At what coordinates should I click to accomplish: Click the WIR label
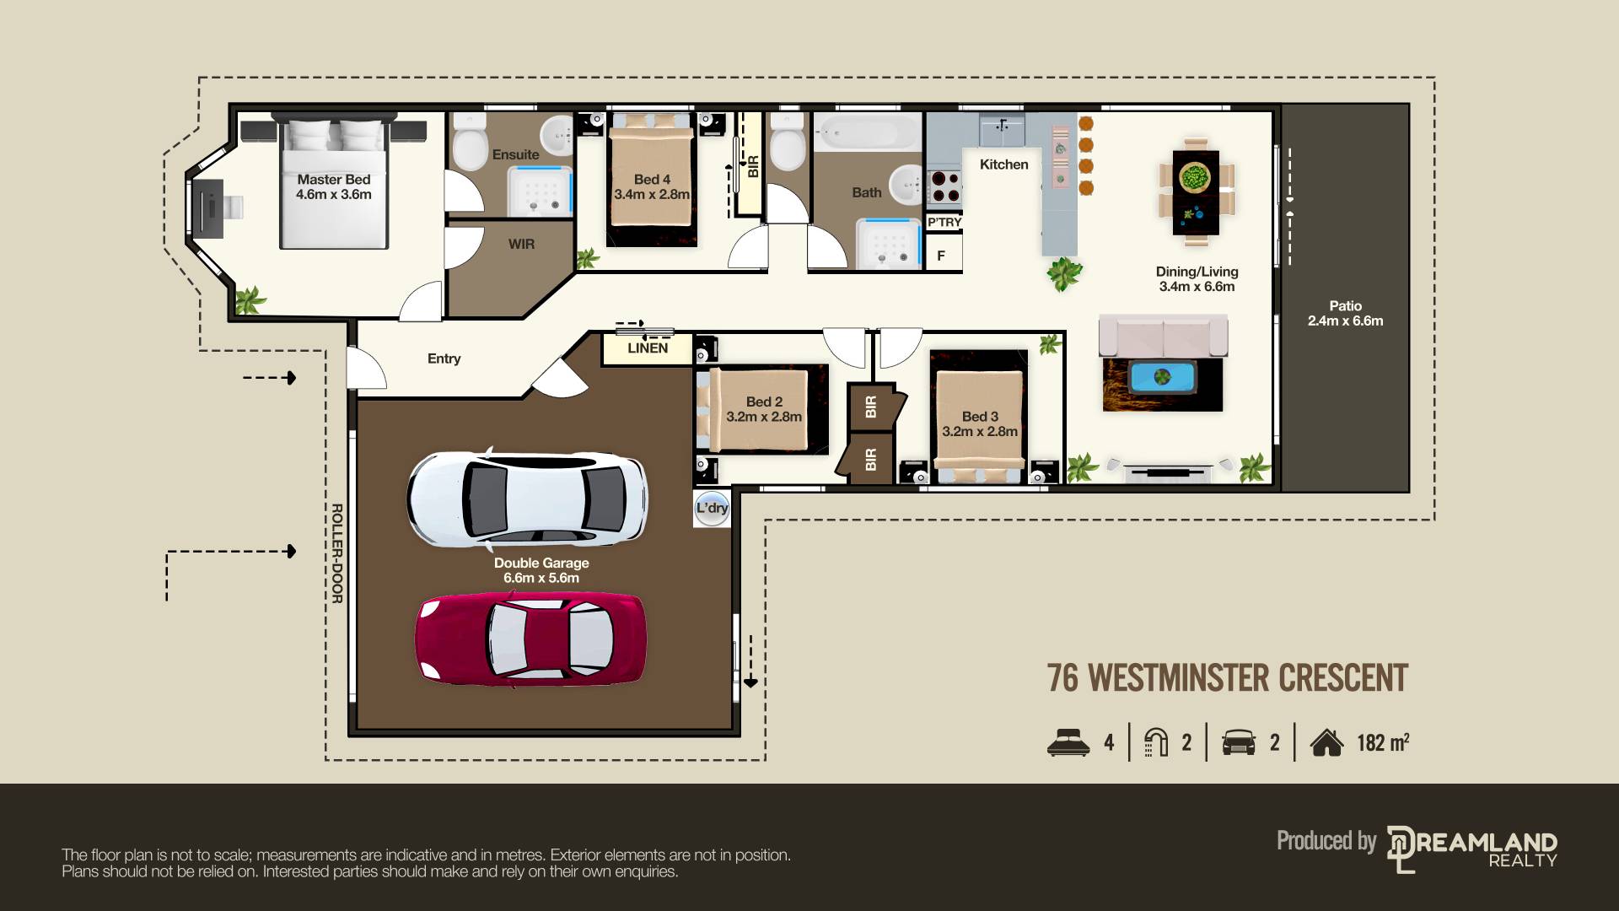tap(521, 244)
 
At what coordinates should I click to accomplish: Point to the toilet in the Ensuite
tap(470, 142)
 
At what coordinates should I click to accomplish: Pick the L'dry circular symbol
tap(712, 508)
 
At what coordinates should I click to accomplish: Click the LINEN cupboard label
tap(648, 348)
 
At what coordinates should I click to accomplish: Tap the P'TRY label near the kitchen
tap(944, 222)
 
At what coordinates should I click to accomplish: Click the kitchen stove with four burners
tap(944, 186)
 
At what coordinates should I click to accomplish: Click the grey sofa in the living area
tap(1163, 336)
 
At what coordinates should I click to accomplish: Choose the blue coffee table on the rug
tap(1163, 376)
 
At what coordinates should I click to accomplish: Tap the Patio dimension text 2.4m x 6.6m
tap(1346, 321)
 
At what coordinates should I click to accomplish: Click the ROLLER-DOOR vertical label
tap(336, 553)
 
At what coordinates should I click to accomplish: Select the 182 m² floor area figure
tap(1383, 742)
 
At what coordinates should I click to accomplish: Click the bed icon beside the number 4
tap(1068, 742)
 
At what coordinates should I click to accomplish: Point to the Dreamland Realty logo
tap(1472, 849)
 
